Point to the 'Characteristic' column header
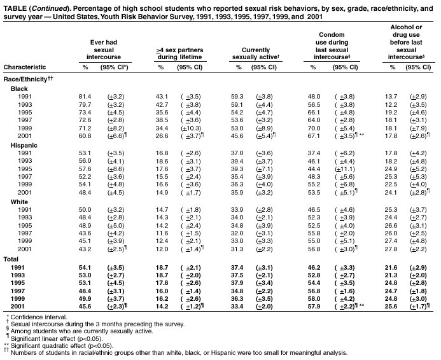point(24,66)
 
